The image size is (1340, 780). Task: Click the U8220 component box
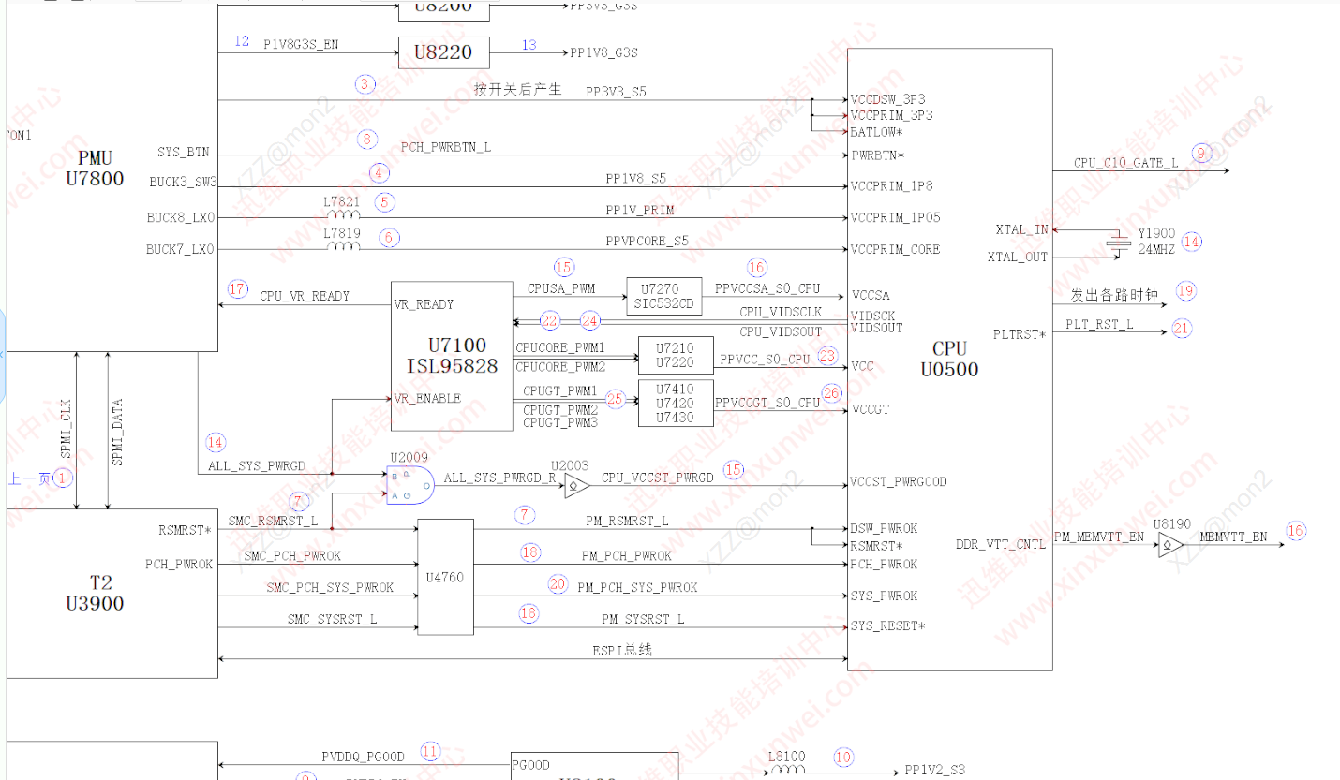point(443,52)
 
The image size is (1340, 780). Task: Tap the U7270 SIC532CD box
point(663,296)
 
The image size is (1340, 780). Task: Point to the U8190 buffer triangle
point(1170,543)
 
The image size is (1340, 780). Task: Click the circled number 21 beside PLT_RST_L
point(1181,329)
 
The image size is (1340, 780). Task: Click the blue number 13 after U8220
point(529,45)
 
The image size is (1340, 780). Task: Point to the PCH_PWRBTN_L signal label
point(446,147)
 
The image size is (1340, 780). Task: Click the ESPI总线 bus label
point(622,650)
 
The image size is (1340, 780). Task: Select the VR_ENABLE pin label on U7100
point(427,398)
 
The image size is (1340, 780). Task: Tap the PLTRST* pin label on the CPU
point(1020,334)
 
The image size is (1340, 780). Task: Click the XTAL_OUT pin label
point(1018,257)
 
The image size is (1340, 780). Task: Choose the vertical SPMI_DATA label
point(118,433)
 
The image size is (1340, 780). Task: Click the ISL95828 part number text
point(451,366)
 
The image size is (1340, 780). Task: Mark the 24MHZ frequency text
point(1154,250)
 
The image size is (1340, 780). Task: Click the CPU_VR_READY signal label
point(305,296)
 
